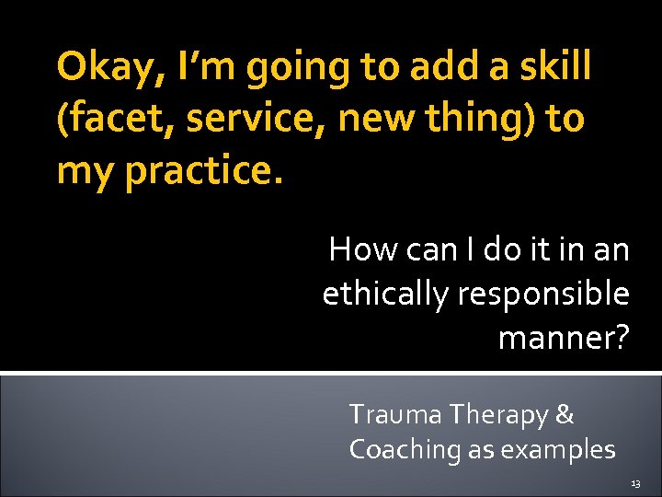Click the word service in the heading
point(241,120)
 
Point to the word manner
point(555,340)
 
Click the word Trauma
point(396,415)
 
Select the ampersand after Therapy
point(565,415)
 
